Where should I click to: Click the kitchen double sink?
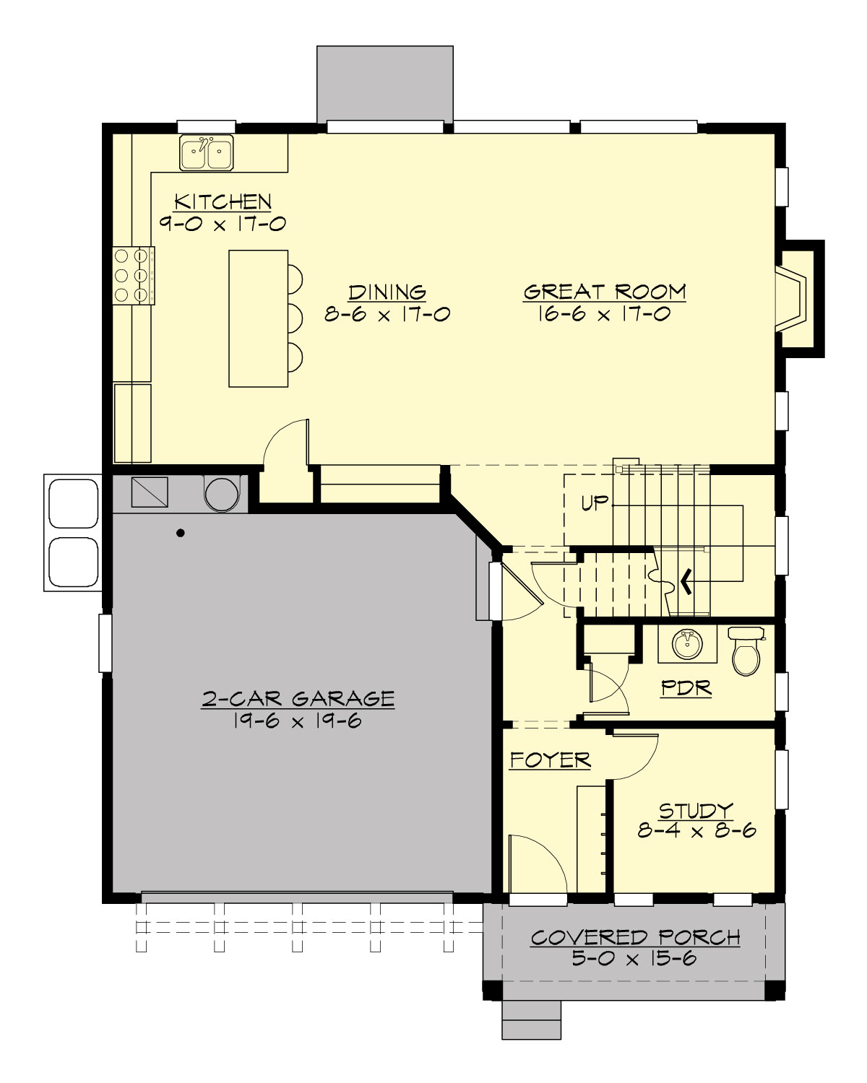(x=207, y=153)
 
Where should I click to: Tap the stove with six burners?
(x=133, y=274)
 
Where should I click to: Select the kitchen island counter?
(x=258, y=318)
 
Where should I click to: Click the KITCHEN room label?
(x=223, y=201)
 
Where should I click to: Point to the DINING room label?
(x=387, y=292)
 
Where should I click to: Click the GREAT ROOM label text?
(x=604, y=292)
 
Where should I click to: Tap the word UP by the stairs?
(x=595, y=503)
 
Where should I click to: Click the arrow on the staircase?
(x=683, y=578)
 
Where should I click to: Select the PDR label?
(x=686, y=688)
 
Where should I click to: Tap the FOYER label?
(x=550, y=760)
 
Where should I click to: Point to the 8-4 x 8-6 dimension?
(x=696, y=831)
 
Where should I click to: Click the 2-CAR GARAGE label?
(x=298, y=699)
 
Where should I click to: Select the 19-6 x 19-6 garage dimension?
(x=298, y=721)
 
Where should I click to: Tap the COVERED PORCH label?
(x=635, y=937)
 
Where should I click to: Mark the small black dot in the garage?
(x=181, y=534)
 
